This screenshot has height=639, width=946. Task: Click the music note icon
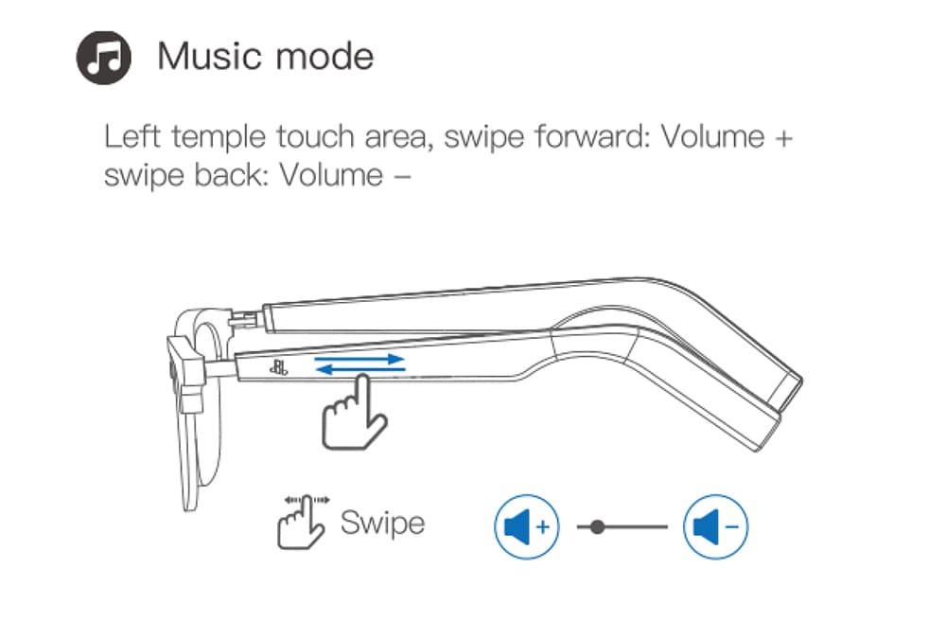click(x=103, y=58)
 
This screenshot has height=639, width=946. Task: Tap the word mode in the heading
click(x=325, y=56)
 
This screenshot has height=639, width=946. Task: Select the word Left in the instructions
click(x=132, y=136)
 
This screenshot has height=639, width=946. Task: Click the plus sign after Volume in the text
click(x=783, y=138)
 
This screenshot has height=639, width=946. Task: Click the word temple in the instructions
click(x=219, y=137)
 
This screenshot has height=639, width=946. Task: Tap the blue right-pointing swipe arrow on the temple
click(x=360, y=359)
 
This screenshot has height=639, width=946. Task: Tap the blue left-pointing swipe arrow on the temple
click(x=360, y=368)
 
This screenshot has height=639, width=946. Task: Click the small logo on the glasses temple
click(x=278, y=366)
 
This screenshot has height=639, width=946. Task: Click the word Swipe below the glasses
click(x=382, y=523)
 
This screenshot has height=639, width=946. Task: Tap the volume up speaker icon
click(x=527, y=526)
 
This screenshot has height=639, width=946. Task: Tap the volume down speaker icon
click(x=715, y=526)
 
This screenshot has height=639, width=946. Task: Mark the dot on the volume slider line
click(x=597, y=527)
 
